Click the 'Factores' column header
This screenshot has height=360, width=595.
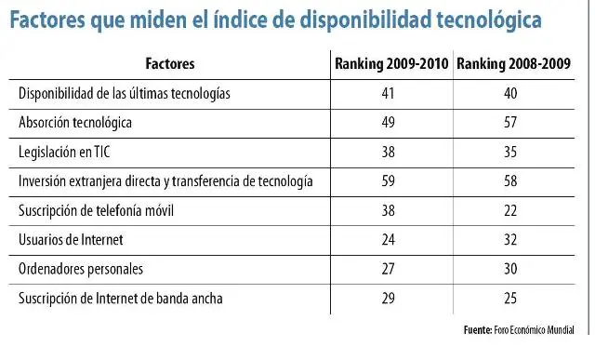pyautogui.click(x=171, y=64)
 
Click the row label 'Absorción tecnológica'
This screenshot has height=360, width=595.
pyautogui.click(x=76, y=123)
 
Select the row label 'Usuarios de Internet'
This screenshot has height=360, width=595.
pyautogui.click(x=71, y=239)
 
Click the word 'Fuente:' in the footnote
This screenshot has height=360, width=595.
pyautogui.click(x=478, y=330)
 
